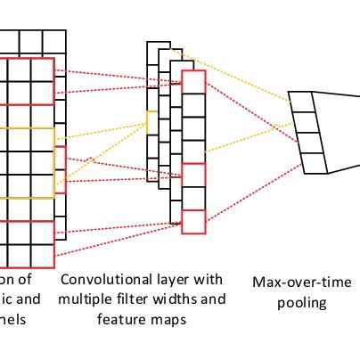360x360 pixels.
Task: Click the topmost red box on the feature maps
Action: pos(193,81)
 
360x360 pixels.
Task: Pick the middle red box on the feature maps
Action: pos(193,175)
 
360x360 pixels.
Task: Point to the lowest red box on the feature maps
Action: pos(193,221)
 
